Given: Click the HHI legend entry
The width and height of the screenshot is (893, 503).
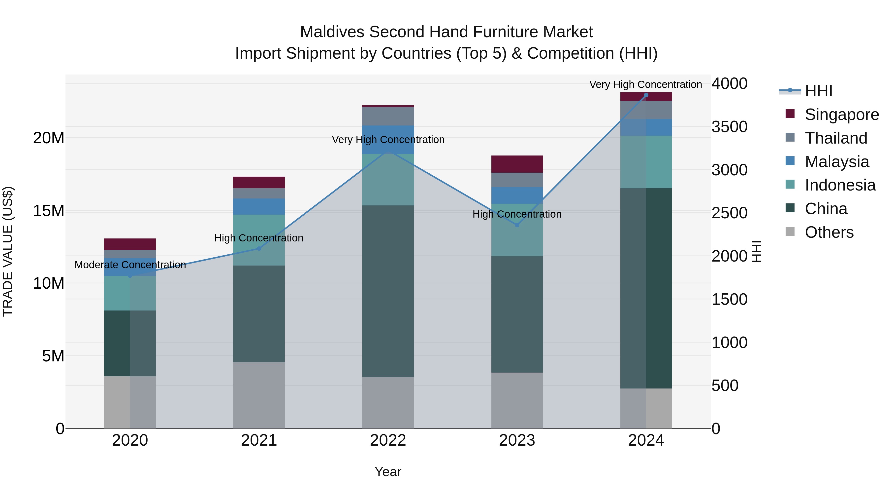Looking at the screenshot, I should click(818, 91).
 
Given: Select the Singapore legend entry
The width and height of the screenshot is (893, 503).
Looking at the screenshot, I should click(841, 115).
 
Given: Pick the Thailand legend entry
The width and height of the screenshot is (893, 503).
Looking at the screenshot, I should click(836, 138).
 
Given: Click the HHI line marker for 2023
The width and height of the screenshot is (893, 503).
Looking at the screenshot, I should click(517, 225).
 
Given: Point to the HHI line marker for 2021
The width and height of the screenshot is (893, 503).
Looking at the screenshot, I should click(259, 249).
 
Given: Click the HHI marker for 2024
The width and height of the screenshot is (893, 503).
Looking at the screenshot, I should click(646, 95).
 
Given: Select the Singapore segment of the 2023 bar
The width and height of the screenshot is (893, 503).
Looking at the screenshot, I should click(517, 164).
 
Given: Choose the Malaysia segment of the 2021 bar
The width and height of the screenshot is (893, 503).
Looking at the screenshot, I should click(259, 207).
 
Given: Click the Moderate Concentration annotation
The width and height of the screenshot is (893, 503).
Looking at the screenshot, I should click(130, 265).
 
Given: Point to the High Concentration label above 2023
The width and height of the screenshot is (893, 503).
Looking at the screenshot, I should click(517, 214).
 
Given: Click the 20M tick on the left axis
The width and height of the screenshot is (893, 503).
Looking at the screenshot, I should click(49, 138).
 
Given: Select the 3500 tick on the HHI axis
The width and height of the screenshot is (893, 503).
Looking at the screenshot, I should click(729, 127).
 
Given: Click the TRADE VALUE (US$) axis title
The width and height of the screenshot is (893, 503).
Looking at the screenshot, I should click(8, 251).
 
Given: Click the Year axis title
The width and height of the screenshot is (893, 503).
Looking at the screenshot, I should click(388, 472).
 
